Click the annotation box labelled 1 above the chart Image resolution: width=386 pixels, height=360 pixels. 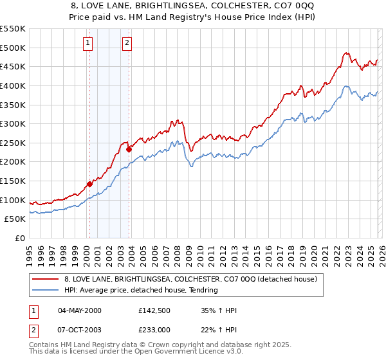click(x=87, y=43)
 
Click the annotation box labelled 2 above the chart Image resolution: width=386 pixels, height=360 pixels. click(x=127, y=43)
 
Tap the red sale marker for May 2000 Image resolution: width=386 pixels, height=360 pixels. click(x=89, y=184)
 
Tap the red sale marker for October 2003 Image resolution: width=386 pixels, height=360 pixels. click(x=129, y=149)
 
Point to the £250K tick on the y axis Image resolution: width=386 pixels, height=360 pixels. click(x=14, y=143)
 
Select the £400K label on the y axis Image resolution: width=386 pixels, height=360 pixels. click(x=14, y=85)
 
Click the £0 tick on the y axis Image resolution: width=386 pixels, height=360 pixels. click(x=21, y=239)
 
